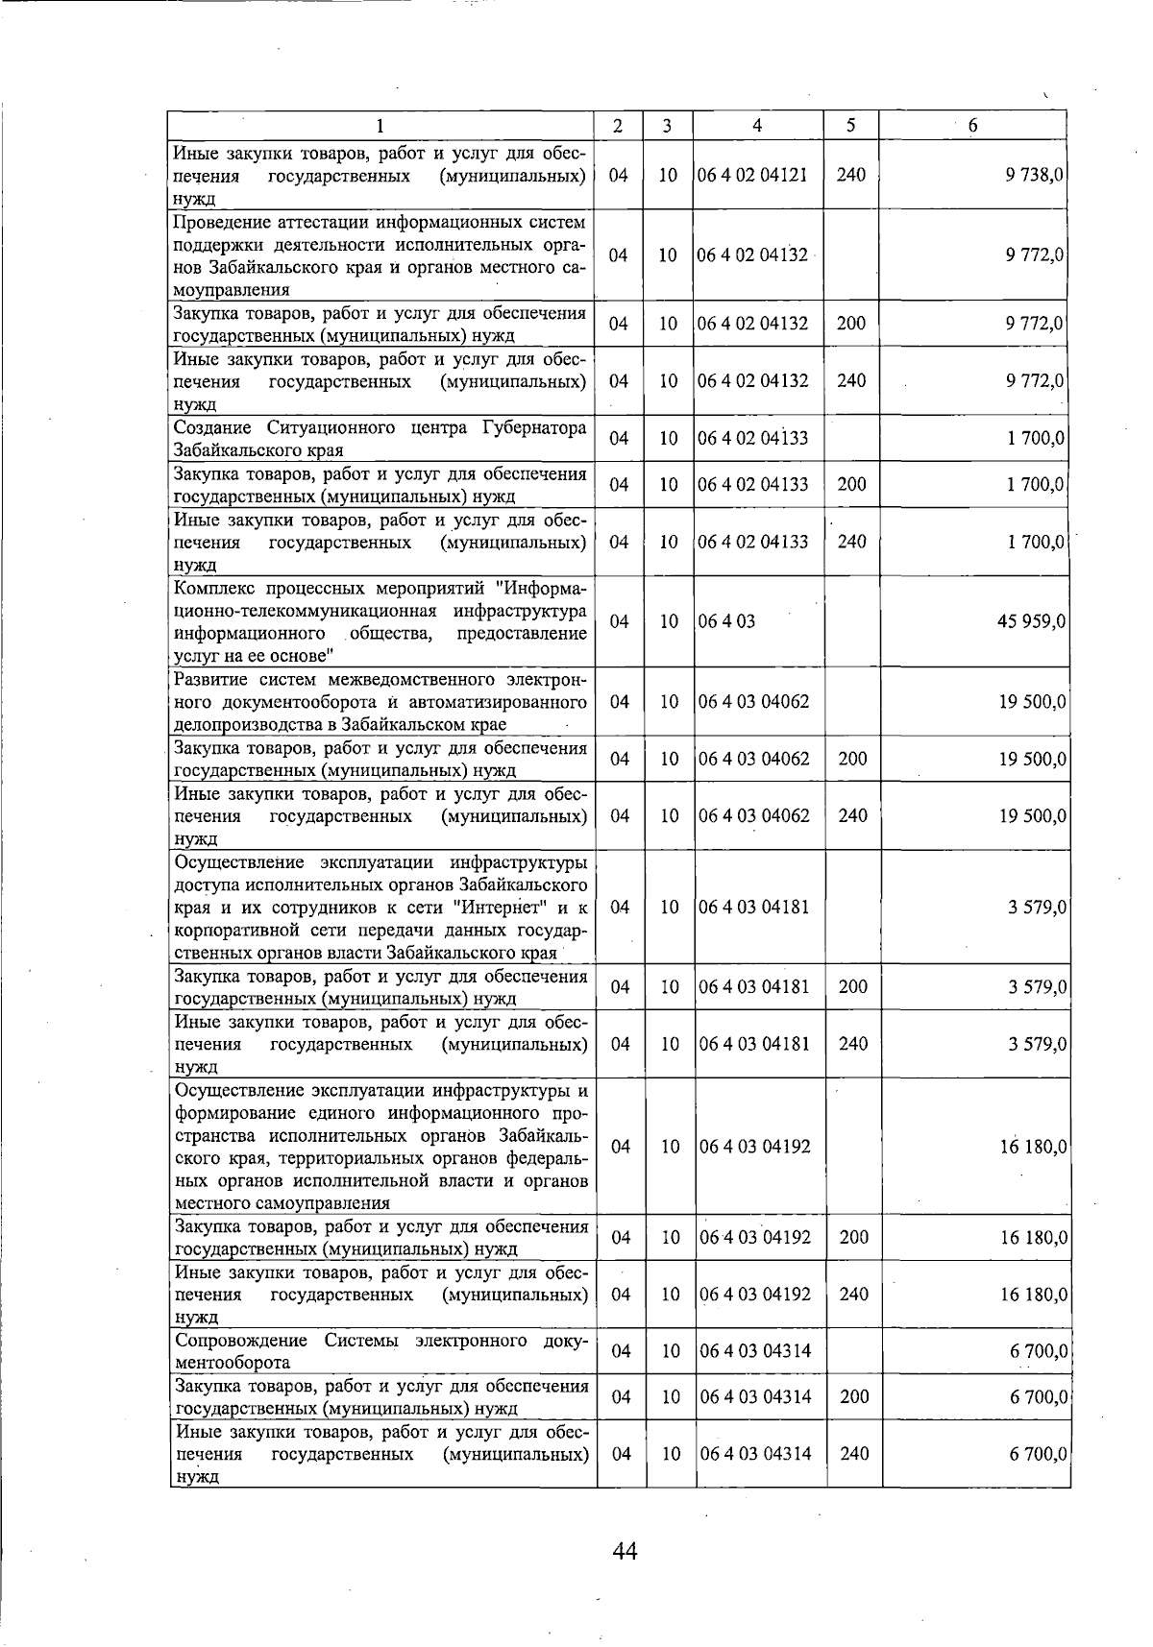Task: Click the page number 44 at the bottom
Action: [625, 1550]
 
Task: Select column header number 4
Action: [757, 126]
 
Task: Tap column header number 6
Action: [972, 126]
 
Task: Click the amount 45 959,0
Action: [1031, 621]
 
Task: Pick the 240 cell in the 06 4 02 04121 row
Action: [850, 175]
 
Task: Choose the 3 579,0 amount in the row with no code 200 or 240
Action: [1037, 908]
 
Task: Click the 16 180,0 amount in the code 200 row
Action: [1033, 1238]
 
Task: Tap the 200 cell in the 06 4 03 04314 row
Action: [853, 1397]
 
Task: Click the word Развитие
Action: [209, 680]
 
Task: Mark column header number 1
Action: [380, 126]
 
